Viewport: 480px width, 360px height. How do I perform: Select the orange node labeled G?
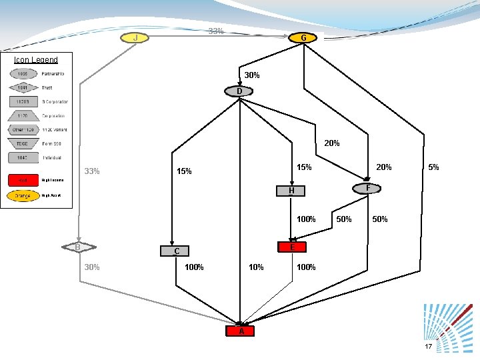coord(303,38)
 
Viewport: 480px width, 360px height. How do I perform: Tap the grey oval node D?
coord(239,91)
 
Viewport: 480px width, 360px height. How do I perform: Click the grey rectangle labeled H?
coord(291,191)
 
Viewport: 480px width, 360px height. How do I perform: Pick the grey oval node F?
coord(367,189)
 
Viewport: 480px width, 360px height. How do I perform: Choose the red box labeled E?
coord(292,247)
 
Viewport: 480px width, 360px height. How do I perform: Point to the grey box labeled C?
coord(176,251)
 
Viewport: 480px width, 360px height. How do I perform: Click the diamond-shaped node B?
coord(78,247)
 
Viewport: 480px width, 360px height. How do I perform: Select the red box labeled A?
coord(241,331)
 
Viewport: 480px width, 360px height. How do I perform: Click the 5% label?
coord(433,167)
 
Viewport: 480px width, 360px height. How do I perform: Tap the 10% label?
coord(255,267)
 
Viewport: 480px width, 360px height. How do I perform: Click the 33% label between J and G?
coord(215,31)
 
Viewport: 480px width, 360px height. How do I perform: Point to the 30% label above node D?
coord(252,75)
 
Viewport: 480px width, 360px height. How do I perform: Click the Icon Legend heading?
coord(36,60)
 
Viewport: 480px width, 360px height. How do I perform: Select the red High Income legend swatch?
coord(23,180)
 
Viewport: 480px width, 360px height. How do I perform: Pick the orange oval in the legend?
coord(23,196)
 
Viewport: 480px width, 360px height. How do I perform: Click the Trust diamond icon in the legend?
coord(23,87)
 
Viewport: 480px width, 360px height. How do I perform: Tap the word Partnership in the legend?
coord(53,73)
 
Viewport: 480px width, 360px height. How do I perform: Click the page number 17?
coord(428,347)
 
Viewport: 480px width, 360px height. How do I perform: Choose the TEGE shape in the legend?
coord(23,143)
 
